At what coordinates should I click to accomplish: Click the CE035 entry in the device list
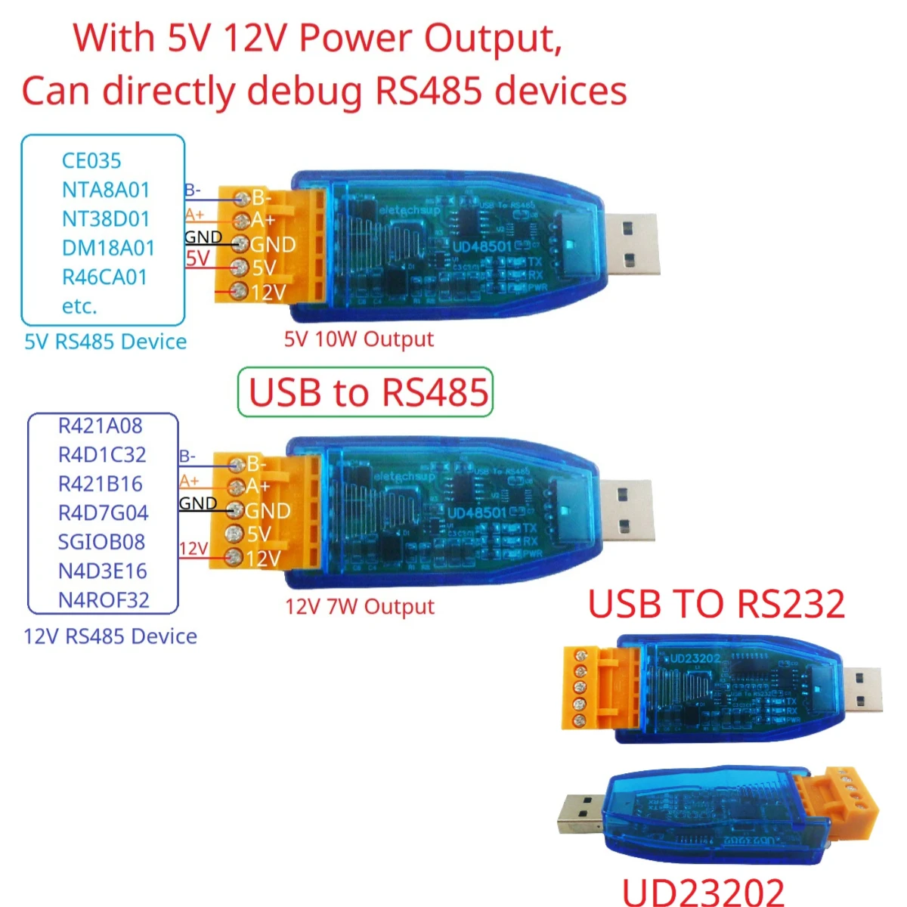pos(91,160)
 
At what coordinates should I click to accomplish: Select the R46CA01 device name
pos(104,277)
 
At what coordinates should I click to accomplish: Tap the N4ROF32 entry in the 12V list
pos(104,600)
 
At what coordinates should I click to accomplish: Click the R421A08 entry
pos(100,426)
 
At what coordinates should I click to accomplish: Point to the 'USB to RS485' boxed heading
pos(367,392)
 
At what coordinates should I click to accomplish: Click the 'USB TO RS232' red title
pos(716,604)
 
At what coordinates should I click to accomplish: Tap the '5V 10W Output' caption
pos(359,339)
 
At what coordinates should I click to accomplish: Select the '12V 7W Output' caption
pos(360,607)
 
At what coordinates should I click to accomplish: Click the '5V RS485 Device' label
pos(106,342)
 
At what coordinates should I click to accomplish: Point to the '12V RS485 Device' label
pos(110,636)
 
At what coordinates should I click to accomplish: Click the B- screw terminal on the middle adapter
pos(236,464)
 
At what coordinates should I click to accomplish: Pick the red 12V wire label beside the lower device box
pos(193,549)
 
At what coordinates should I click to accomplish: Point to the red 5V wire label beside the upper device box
pos(198,258)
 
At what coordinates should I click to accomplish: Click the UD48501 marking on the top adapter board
pos(482,246)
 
